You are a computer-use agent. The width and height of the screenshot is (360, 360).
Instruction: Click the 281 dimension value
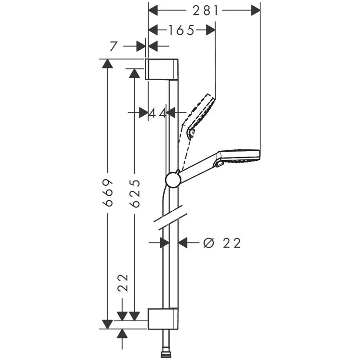[205, 10]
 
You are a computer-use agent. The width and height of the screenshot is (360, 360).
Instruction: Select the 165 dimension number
[182, 30]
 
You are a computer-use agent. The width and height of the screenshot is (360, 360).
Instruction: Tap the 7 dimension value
[113, 46]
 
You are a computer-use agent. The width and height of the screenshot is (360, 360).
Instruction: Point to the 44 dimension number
[157, 113]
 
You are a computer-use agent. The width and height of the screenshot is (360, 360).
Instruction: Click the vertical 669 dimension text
[108, 193]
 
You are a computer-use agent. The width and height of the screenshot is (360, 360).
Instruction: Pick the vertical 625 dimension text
[135, 193]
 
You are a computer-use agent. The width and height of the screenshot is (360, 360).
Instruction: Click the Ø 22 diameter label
[222, 243]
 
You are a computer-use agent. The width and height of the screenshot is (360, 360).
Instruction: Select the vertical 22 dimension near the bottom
[123, 283]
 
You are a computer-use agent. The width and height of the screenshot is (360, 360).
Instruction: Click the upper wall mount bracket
[162, 69]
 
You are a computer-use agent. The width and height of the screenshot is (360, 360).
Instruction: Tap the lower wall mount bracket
[163, 319]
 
